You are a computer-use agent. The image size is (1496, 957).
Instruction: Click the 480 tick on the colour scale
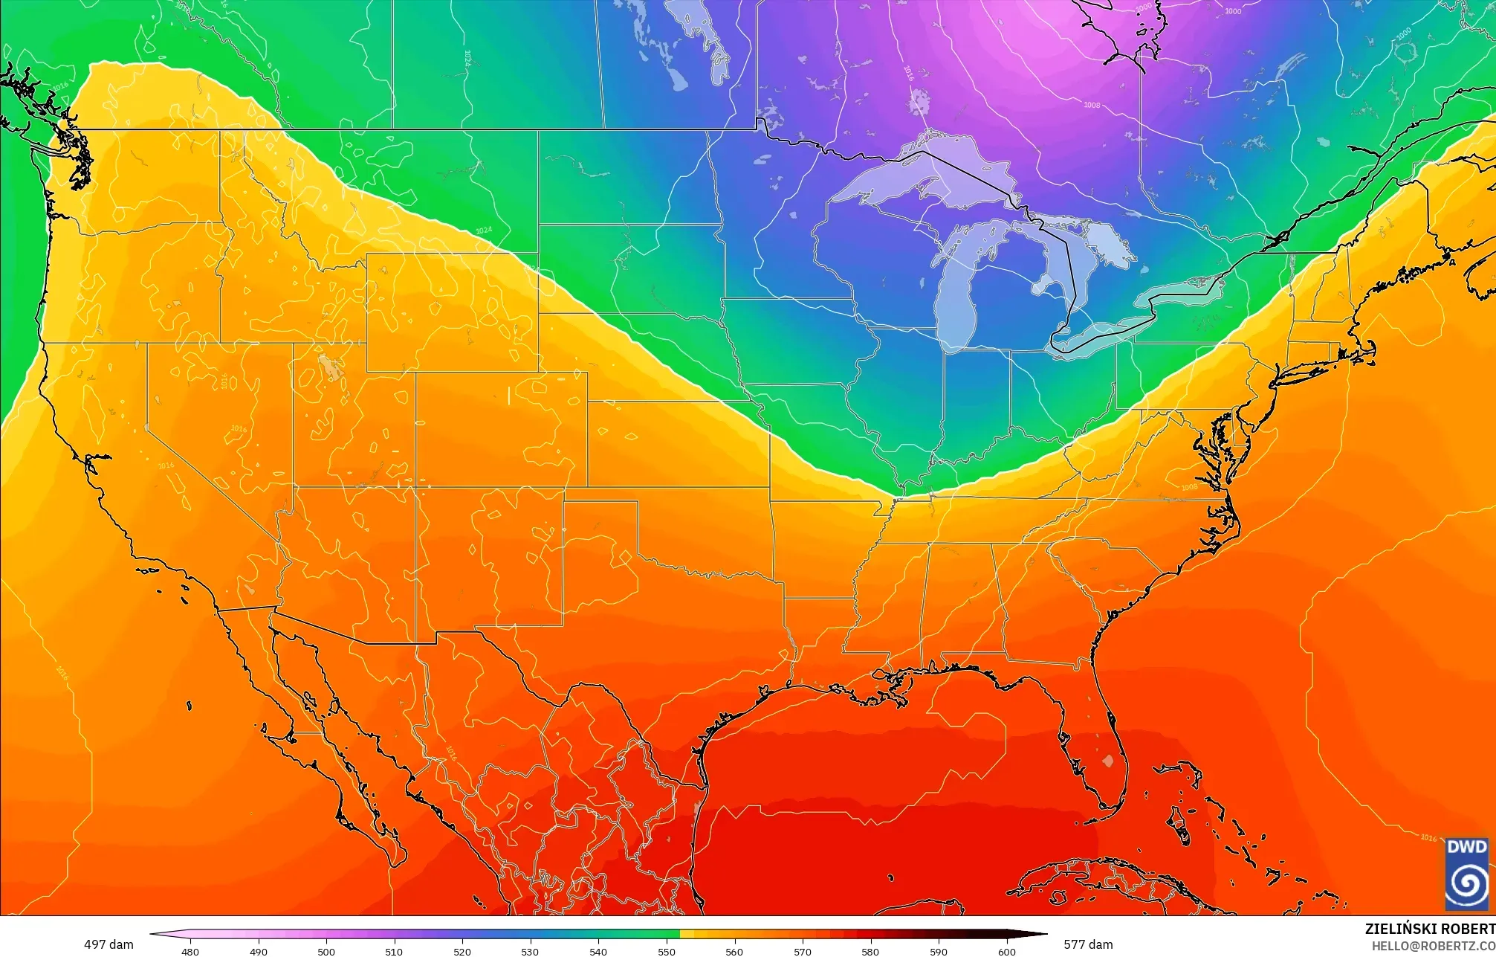190,951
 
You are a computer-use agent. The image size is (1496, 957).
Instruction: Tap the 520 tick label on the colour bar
462,951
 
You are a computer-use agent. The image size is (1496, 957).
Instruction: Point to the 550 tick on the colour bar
667,951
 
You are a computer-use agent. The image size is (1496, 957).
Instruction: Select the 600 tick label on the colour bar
1006,951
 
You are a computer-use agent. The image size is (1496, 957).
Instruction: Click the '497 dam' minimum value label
109,944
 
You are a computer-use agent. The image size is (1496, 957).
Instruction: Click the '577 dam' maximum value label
1088,944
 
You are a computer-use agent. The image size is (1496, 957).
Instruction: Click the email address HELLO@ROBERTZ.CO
1433,946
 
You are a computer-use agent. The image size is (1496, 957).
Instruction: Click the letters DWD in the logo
1467,847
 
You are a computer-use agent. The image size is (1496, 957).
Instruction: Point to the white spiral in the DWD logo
1467,883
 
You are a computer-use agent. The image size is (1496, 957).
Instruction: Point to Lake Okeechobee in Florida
1108,761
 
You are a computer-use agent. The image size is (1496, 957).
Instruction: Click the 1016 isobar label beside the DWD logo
1428,837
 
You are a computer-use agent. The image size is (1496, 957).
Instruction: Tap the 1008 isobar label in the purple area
1091,105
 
